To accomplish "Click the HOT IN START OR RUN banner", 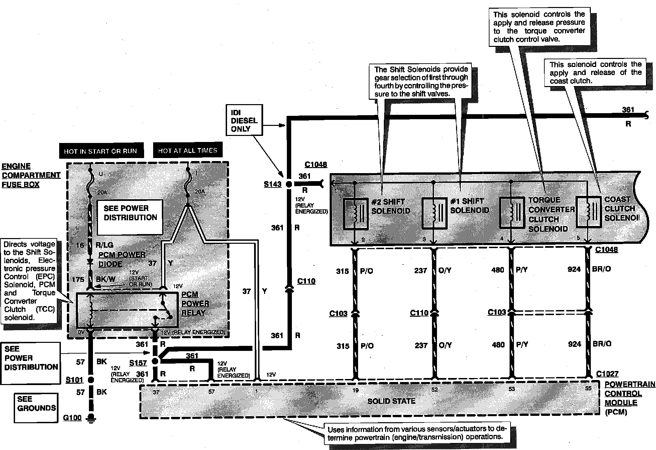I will tap(101, 151).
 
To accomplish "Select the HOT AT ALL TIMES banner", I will tap(188, 151).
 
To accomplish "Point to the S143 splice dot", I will tap(289, 184).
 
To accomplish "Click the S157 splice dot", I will tap(155, 361).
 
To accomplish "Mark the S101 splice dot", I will tap(90, 380).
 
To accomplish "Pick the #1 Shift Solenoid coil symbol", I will tap(434, 213).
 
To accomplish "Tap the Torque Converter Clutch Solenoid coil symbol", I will tap(512, 213).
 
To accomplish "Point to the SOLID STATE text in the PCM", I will tap(391, 401).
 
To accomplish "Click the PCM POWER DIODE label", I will tap(122, 259).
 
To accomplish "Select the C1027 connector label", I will tap(607, 374).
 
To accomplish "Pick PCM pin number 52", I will tap(434, 390).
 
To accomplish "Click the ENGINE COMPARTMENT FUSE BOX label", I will tap(31, 175).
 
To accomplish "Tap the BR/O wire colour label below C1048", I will tap(602, 269).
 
